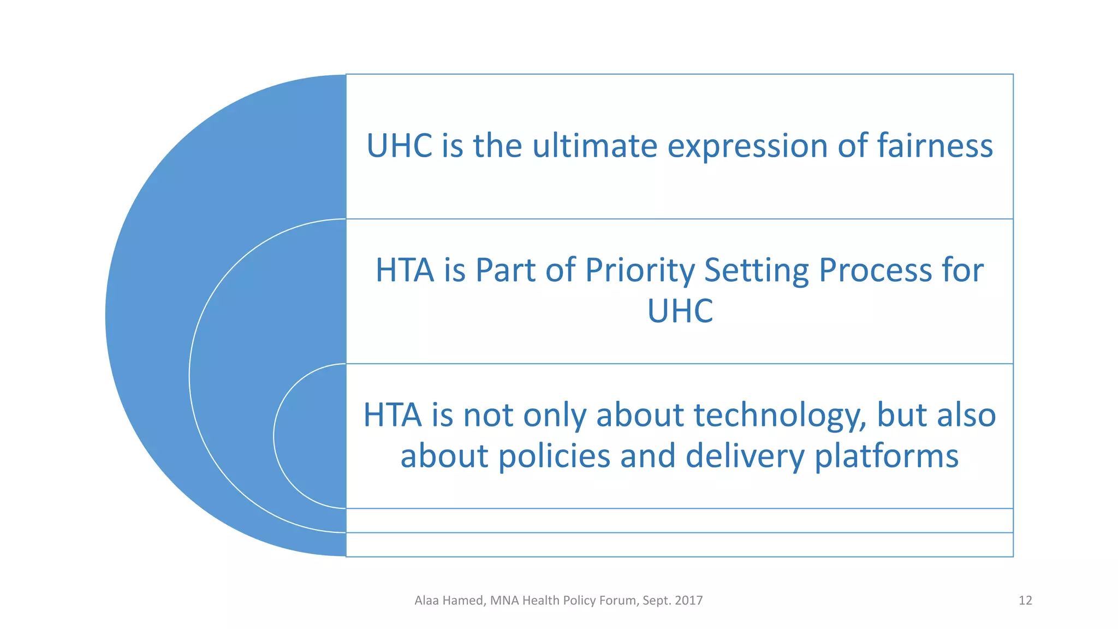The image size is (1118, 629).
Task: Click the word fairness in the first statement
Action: tap(935, 146)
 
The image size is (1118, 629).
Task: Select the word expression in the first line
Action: tap(747, 147)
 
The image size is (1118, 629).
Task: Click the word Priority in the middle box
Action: tap(639, 271)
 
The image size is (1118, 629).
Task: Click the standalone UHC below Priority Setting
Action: tap(680, 311)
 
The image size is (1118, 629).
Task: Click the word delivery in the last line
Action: tap(745, 457)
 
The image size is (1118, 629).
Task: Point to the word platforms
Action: tap(887, 457)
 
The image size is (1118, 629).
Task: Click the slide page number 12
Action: tap(1025, 601)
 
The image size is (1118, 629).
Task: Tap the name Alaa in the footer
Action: tap(427, 601)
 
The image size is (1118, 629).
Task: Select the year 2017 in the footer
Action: tap(688, 601)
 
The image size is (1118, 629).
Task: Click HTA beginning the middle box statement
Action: tap(405, 270)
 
